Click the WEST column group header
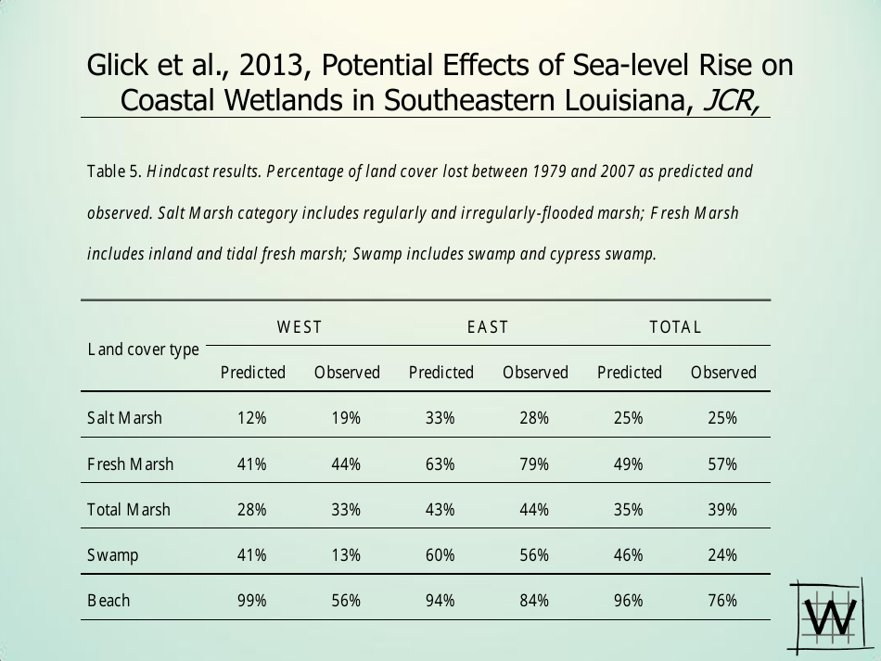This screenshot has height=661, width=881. [300, 326]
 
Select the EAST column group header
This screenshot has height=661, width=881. [488, 326]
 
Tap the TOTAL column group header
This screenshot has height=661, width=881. [675, 326]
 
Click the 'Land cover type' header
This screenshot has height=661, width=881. [144, 350]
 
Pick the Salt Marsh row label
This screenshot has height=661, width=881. [124, 418]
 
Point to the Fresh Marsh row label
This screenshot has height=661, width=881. [130, 464]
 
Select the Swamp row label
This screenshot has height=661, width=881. [112, 555]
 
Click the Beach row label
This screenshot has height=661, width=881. [109, 601]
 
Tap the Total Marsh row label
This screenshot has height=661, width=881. [128, 510]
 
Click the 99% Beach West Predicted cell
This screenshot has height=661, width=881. [252, 601]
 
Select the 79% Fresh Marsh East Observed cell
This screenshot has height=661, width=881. [534, 464]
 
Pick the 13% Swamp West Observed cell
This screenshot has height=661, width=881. [346, 555]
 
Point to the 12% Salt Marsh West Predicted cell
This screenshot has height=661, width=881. [252, 418]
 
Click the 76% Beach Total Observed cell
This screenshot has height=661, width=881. [722, 601]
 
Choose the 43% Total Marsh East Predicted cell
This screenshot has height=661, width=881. [440, 510]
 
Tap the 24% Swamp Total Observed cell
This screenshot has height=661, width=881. [722, 555]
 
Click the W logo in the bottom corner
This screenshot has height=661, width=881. [832, 614]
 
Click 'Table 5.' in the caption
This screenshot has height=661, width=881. [114, 172]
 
